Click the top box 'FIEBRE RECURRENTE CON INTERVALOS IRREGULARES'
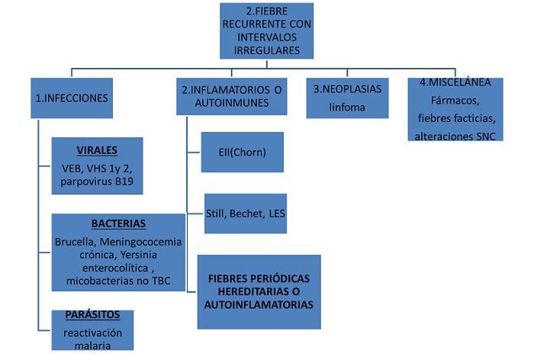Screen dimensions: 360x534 [267, 31]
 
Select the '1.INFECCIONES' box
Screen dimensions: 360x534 [72, 98]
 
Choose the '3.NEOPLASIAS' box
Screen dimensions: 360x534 [348, 97]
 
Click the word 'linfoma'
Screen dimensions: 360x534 [348, 108]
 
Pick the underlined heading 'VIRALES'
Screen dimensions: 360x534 [97, 150]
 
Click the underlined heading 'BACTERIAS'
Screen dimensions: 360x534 [118, 223]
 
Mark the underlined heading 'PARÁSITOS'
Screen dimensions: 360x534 [92, 315]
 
